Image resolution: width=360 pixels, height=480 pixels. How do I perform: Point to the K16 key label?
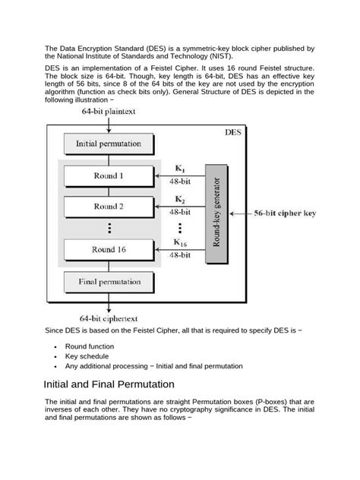[x=180, y=242]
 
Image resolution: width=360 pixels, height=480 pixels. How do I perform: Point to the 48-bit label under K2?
[x=179, y=212]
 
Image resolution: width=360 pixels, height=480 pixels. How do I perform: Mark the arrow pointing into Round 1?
[x=171, y=176]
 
